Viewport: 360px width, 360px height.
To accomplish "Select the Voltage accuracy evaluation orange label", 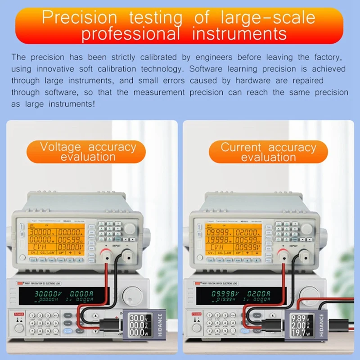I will tap(88, 152).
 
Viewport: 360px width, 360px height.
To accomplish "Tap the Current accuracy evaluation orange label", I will tap(268, 152).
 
